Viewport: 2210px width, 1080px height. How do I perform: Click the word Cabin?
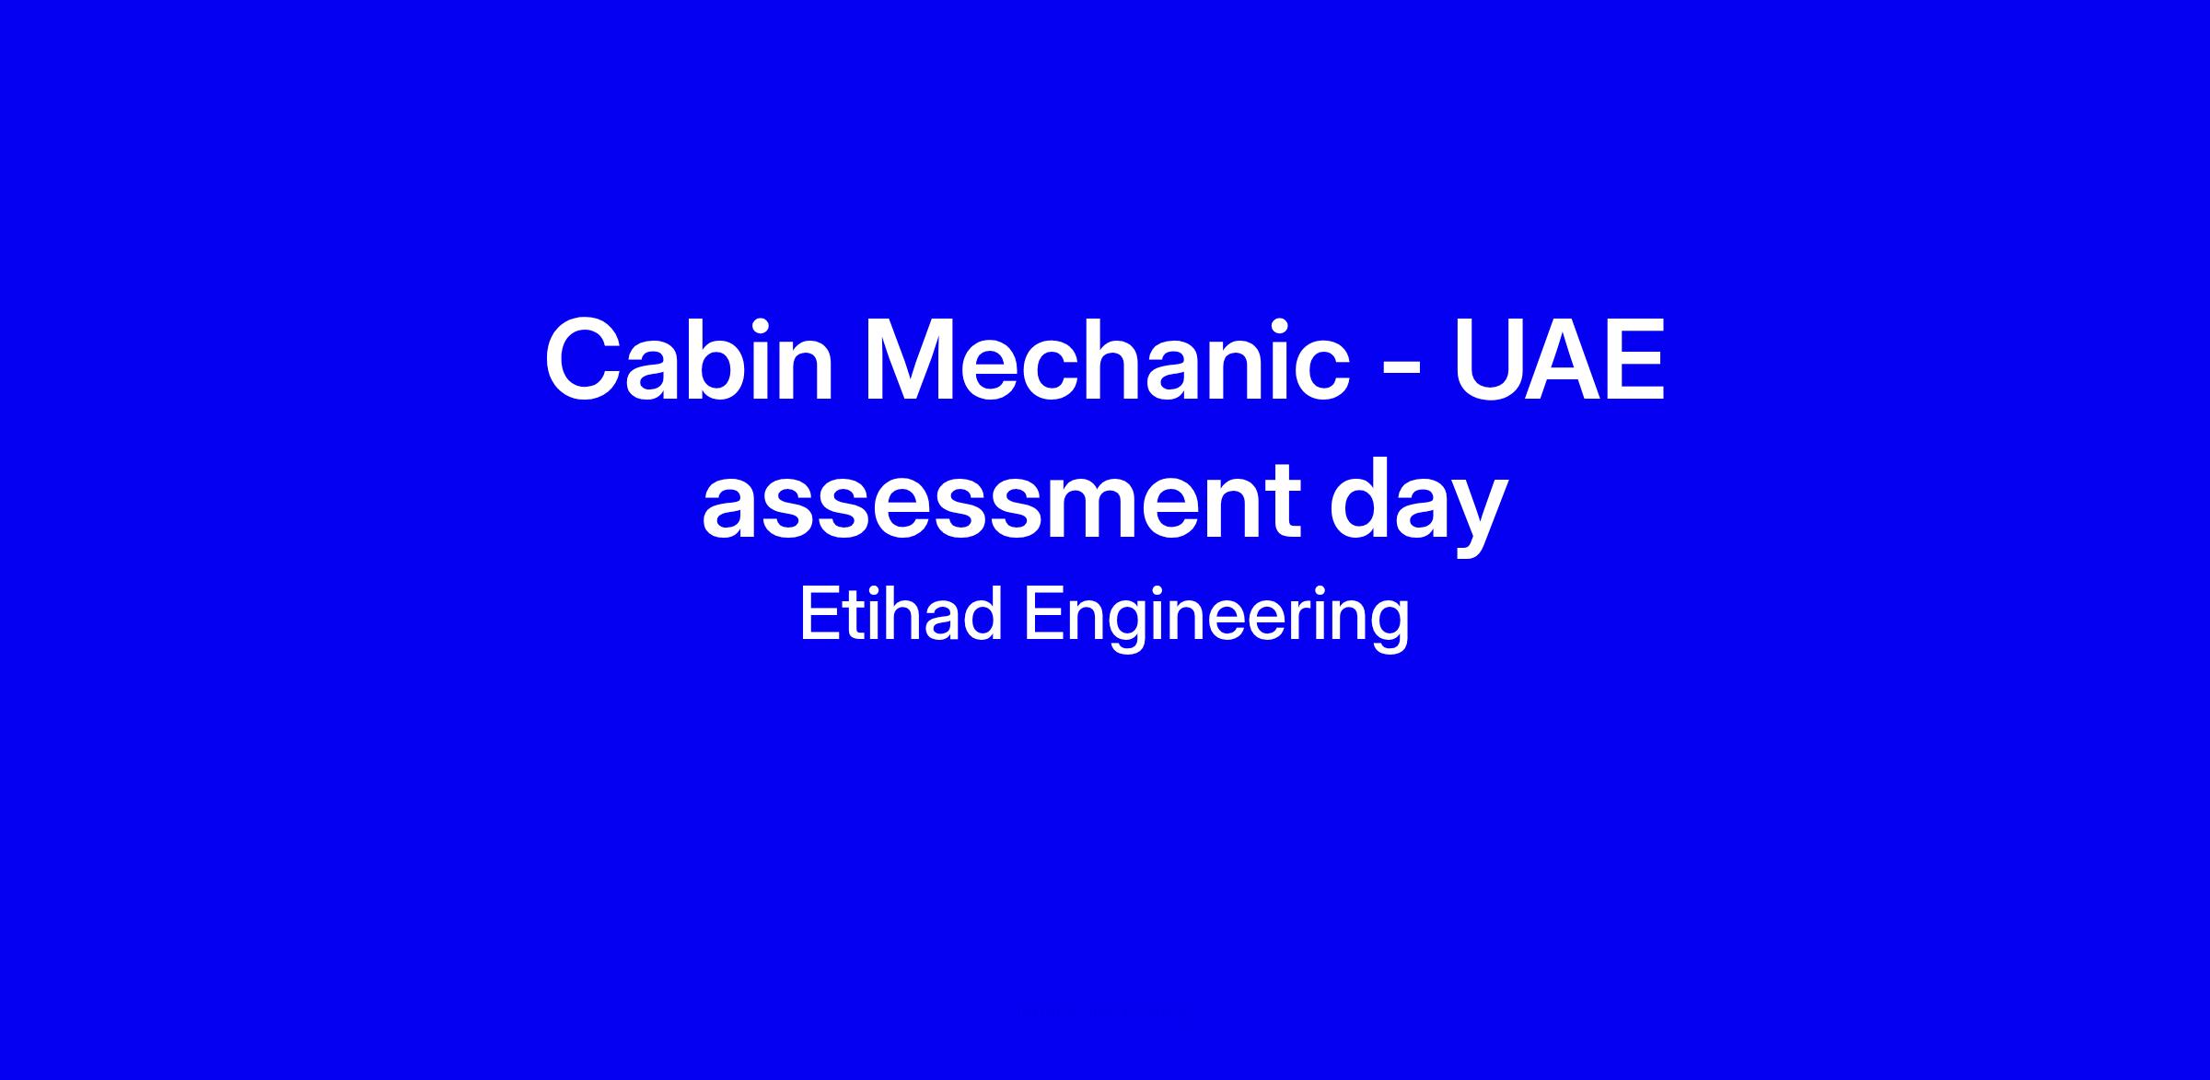[x=689, y=359]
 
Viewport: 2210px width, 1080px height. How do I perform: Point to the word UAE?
[x=1560, y=359]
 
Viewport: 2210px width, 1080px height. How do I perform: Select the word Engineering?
[x=1216, y=619]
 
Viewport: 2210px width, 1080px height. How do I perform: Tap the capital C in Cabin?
[x=587, y=359]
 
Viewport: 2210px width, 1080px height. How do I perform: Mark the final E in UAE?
[x=1635, y=359]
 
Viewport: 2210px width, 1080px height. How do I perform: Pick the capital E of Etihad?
[x=819, y=615]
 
